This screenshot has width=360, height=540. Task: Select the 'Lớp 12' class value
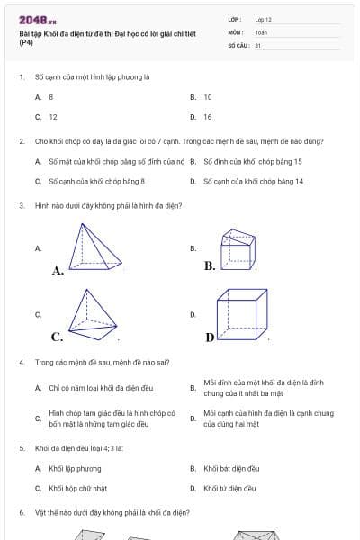[263, 19]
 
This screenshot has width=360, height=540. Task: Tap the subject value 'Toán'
[261, 31]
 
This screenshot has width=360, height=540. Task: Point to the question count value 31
[258, 44]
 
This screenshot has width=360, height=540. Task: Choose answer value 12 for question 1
[53, 117]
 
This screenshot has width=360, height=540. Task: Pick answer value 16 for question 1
[208, 117]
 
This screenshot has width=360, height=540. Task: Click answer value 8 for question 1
[51, 96]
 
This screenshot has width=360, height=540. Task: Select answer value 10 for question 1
[208, 96]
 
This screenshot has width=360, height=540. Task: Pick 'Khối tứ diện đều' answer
[229, 488]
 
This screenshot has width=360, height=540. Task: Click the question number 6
[21, 511]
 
